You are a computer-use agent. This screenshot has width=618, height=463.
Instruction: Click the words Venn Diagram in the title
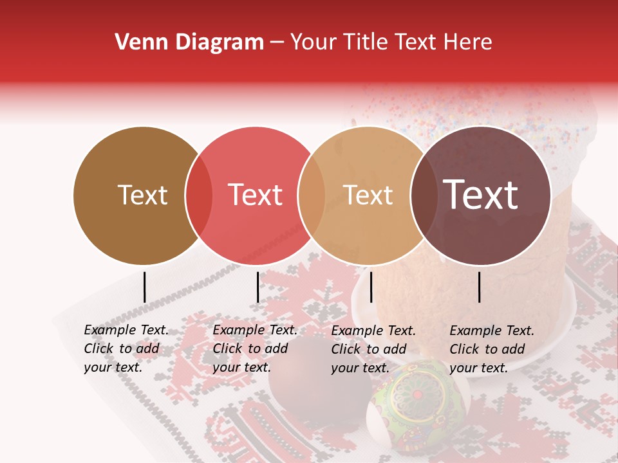189,42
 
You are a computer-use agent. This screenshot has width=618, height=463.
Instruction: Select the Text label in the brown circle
142,195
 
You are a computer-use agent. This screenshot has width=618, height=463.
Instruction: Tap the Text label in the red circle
256,195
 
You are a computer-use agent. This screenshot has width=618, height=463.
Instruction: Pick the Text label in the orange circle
368,195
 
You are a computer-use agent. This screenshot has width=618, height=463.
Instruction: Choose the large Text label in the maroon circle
481,194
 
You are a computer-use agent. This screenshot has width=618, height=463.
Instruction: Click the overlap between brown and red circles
198,195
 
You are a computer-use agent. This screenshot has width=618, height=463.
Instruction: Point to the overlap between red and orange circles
312,195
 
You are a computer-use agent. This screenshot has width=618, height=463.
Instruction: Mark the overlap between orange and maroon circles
424,195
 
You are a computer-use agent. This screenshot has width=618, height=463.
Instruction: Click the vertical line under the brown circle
144,287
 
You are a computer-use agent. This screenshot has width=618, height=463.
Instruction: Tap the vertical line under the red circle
257,287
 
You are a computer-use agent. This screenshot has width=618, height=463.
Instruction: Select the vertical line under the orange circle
371,287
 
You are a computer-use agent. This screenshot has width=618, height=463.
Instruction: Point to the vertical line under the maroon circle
479,287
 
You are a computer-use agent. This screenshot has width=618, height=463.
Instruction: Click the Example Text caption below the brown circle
126,349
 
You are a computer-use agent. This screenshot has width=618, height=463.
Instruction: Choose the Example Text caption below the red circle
255,349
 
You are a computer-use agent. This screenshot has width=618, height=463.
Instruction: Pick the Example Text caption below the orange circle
373,349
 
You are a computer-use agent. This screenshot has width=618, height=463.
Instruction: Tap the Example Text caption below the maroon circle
492,349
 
